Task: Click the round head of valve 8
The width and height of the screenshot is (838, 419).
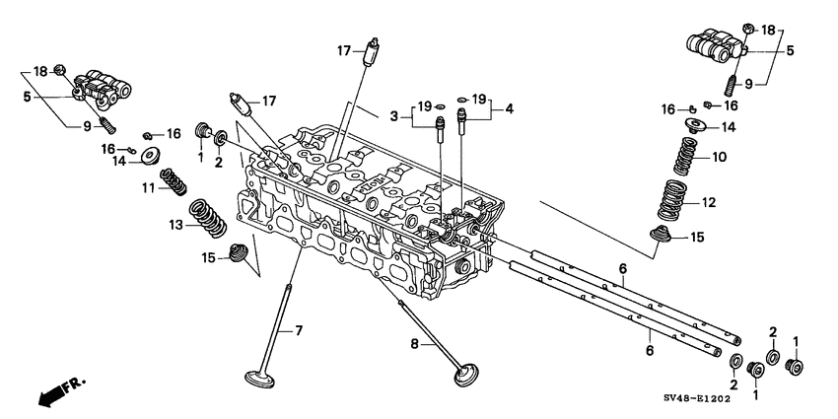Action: pyautogui.click(x=466, y=377)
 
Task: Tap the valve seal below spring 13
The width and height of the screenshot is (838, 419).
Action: pyautogui.click(x=237, y=253)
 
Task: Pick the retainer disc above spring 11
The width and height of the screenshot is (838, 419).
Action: pyautogui.click(x=153, y=157)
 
